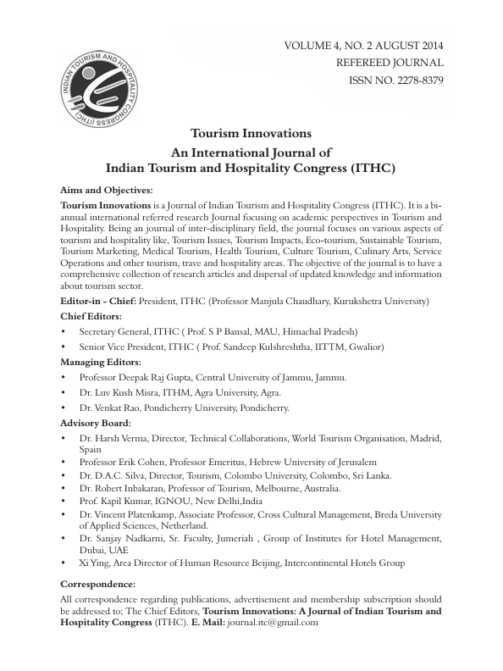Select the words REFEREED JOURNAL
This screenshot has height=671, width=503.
[x=390, y=62]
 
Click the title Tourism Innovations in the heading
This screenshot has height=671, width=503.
[x=251, y=134]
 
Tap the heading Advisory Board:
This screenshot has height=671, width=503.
[x=96, y=422]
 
